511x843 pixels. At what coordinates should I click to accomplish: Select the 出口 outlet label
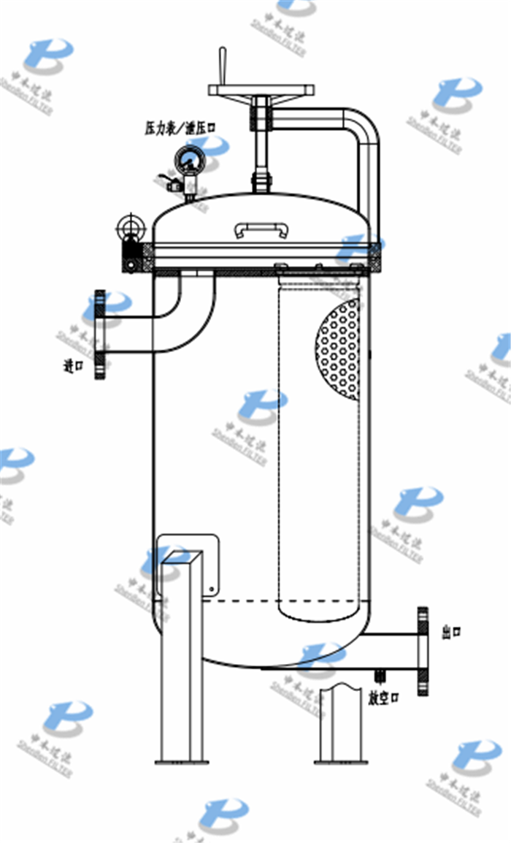click(452, 630)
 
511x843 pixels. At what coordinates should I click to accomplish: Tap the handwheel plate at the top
click(261, 90)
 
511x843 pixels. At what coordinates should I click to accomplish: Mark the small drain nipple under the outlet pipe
click(378, 676)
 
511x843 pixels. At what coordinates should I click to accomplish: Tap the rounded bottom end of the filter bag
click(320, 612)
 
